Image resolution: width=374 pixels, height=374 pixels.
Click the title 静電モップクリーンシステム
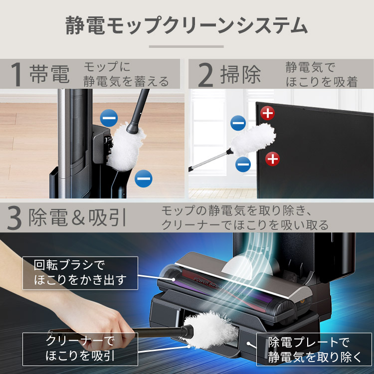click(x=187, y=26)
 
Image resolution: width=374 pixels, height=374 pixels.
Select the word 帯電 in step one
click(x=49, y=74)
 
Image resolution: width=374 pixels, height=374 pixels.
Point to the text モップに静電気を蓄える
click(x=126, y=74)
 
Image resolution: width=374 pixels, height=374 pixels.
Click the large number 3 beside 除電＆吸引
click(x=14, y=217)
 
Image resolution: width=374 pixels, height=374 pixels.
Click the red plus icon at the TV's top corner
click(x=268, y=113)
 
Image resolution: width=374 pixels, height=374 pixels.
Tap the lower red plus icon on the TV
click(x=272, y=159)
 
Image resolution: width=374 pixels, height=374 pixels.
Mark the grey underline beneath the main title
click(x=187, y=46)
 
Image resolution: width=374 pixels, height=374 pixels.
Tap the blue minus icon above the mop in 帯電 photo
click(x=109, y=118)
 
